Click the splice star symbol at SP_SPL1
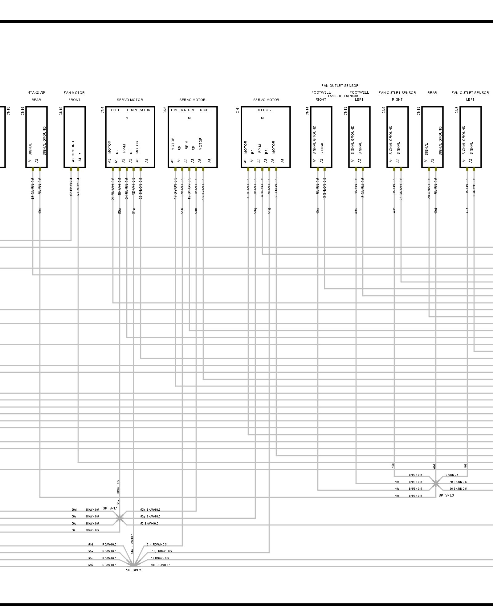(x=119, y=519)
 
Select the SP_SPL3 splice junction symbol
(x=435, y=484)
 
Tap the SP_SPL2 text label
(x=133, y=570)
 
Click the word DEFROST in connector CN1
(x=264, y=110)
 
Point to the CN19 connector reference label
(x=61, y=111)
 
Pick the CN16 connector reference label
(x=22, y=111)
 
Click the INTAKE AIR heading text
(x=36, y=92)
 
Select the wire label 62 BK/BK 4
(x=71, y=187)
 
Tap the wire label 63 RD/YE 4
(x=78, y=187)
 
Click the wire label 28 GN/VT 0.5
(x=429, y=188)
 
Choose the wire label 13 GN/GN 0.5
(x=324, y=188)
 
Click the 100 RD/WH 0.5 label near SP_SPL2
(x=161, y=565)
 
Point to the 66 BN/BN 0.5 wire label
(x=458, y=489)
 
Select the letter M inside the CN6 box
(x=189, y=118)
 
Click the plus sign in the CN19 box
(x=80, y=153)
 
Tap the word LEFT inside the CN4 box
(x=115, y=110)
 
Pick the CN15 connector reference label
(x=418, y=111)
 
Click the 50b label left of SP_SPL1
(x=74, y=530)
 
